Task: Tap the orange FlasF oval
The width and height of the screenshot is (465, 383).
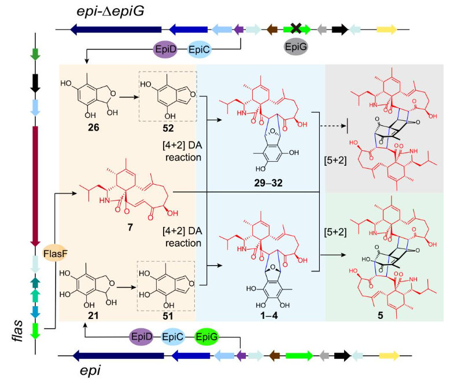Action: (x=56, y=252)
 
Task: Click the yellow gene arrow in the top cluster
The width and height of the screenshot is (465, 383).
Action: (x=386, y=29)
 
